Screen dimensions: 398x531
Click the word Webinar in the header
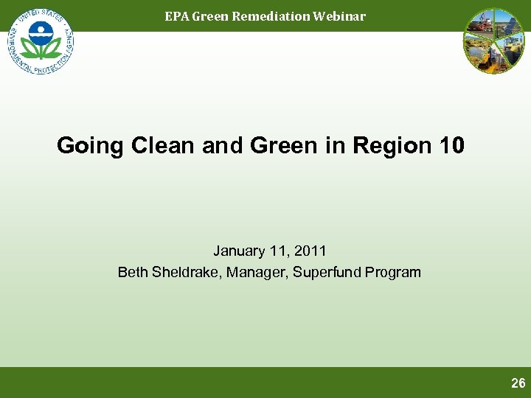point(339,16)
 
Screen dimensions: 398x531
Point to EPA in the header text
point(176,16)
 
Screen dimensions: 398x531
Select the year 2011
point(310,251)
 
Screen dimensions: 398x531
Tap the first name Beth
point(133,273)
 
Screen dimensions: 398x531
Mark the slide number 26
point(518,383)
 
